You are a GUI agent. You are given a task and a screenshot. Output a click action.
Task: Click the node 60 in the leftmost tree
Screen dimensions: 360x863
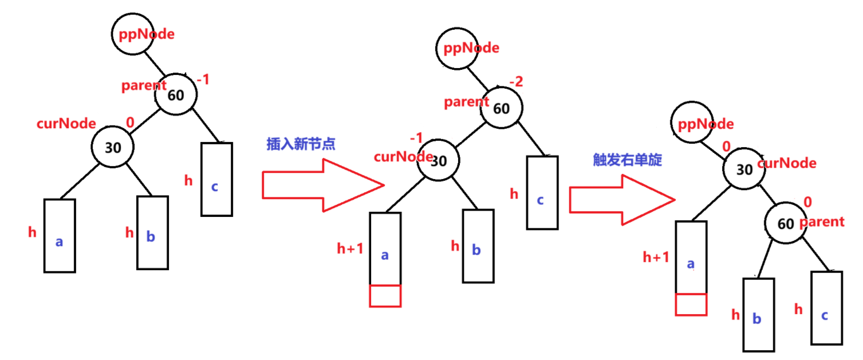click(176, 94)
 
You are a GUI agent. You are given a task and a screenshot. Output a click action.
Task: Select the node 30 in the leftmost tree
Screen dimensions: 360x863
click(113, 147)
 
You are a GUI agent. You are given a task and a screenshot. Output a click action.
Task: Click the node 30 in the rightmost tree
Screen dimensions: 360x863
click(743, 169)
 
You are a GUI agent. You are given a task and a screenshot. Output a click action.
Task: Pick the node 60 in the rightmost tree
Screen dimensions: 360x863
click(786, 223)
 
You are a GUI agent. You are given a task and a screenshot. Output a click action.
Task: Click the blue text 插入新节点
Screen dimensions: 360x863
click(301, 144)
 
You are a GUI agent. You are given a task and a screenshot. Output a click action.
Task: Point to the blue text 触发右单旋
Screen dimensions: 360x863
click(627, 160)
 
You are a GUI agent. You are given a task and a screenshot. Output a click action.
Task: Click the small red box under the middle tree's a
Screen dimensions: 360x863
click(385, 295)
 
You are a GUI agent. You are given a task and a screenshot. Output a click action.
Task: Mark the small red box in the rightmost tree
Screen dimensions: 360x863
click(691, 304)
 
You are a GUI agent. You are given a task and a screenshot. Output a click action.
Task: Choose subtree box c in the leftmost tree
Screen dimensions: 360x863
click(216, 179)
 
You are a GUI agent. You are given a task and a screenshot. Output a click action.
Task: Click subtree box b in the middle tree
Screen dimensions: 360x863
click(478, 246)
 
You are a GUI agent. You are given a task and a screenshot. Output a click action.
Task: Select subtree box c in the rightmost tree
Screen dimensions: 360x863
click(826, 308)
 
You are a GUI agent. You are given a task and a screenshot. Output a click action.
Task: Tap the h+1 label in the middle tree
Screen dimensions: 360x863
click(350, 249)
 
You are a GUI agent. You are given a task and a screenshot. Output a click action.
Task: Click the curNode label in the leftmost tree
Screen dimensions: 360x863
click(66, 124)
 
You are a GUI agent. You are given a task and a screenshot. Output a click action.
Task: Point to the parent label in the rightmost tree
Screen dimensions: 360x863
click(822, 221)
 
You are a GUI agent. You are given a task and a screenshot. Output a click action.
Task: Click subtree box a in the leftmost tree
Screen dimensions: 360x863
click(60, 235)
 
